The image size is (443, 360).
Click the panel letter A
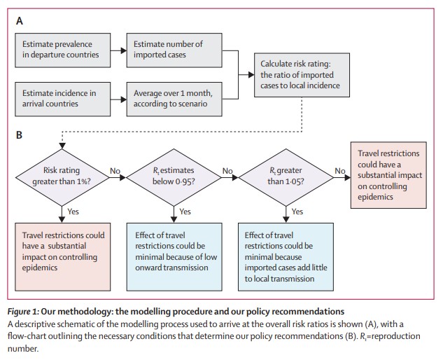pos(19,21)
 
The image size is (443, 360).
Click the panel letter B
pos(19,135)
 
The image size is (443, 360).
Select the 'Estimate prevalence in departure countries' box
pos(63,50)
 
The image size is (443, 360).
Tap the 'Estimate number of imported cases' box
pos(174,50)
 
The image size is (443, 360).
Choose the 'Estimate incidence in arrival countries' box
pos(63,99)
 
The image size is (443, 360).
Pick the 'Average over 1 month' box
pos(174,99)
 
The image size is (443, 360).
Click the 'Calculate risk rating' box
pos(302,75)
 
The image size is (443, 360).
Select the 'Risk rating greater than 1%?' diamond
pos(62,178)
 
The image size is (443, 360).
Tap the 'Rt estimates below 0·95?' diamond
pos(174,178)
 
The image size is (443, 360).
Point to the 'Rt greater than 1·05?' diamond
pos(286,178)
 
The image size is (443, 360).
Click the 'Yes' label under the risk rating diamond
pos(73,212)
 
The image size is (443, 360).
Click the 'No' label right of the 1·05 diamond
pos(340,171)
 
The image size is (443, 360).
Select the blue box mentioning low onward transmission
pos(174,257)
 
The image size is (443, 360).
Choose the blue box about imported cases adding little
pos(286,257)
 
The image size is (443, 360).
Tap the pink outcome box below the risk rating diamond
pos(63,257)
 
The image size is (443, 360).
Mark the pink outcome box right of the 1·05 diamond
pos(388,175)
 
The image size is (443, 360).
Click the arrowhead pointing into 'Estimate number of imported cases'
pos(124,50)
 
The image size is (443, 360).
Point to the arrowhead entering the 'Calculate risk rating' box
pos(251,75)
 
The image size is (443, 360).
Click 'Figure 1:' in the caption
pos(23,312)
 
